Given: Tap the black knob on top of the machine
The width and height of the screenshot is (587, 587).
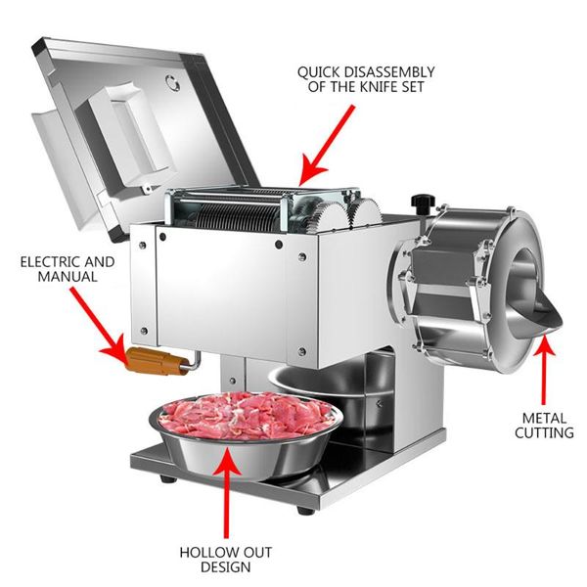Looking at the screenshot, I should [422, 203].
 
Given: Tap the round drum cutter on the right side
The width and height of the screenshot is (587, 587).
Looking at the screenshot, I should [470, 284].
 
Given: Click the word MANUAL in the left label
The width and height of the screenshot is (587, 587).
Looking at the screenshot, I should [69, 278].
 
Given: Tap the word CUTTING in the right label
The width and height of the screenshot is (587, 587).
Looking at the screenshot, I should [543, 432].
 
